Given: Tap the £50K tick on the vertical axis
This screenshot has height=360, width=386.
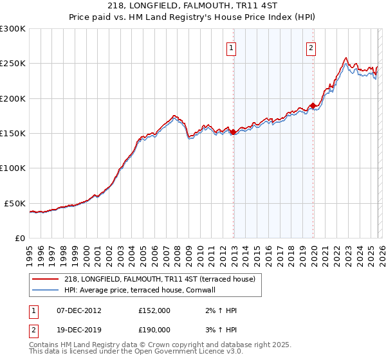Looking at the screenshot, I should coord(14,203).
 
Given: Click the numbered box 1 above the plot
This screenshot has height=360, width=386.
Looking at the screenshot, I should coord(231,48).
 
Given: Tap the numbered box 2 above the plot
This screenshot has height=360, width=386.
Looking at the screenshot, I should coord(311,48).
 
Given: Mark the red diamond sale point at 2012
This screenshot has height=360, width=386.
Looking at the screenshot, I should coord(234,132).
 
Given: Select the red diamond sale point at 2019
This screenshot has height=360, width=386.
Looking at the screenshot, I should coord(313,105).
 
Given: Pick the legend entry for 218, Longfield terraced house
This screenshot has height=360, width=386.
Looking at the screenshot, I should coord(160,279).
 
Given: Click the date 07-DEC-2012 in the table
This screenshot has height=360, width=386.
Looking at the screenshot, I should coord(79,310).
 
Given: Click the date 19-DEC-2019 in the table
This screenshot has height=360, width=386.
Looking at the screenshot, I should coord(79,329).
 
